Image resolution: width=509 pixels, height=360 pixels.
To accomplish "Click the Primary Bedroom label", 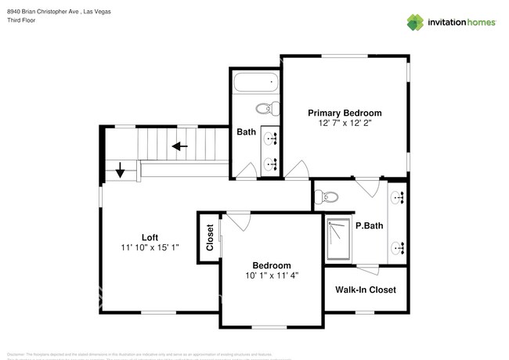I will tap(345, 113).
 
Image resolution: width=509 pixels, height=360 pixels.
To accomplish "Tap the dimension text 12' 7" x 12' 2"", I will tap(345, 124).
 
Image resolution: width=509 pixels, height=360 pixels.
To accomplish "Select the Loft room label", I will tap(150, 238).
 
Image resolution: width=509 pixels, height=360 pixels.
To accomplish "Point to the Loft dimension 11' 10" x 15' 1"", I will tap(150, 249).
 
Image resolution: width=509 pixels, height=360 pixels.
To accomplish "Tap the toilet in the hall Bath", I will tap(264, 109).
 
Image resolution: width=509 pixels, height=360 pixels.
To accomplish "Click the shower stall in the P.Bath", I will tap(339, 238).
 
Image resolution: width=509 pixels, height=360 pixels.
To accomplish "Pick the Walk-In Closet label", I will tap(365, 290).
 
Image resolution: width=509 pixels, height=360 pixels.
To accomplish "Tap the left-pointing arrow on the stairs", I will tap(181, 146).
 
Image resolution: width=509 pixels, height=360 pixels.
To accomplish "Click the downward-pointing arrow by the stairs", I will tap(119, 170).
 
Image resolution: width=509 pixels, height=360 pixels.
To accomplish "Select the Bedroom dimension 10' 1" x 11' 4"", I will tap(271, 275).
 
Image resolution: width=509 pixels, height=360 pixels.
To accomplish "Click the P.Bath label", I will tap(368, 226).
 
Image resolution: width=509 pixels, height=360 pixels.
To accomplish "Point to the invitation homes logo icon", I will tap(415, 22).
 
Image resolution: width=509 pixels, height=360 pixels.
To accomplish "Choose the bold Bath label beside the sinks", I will tap(247, 132).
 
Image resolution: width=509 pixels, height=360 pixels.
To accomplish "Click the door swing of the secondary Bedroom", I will tap(239, 221).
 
